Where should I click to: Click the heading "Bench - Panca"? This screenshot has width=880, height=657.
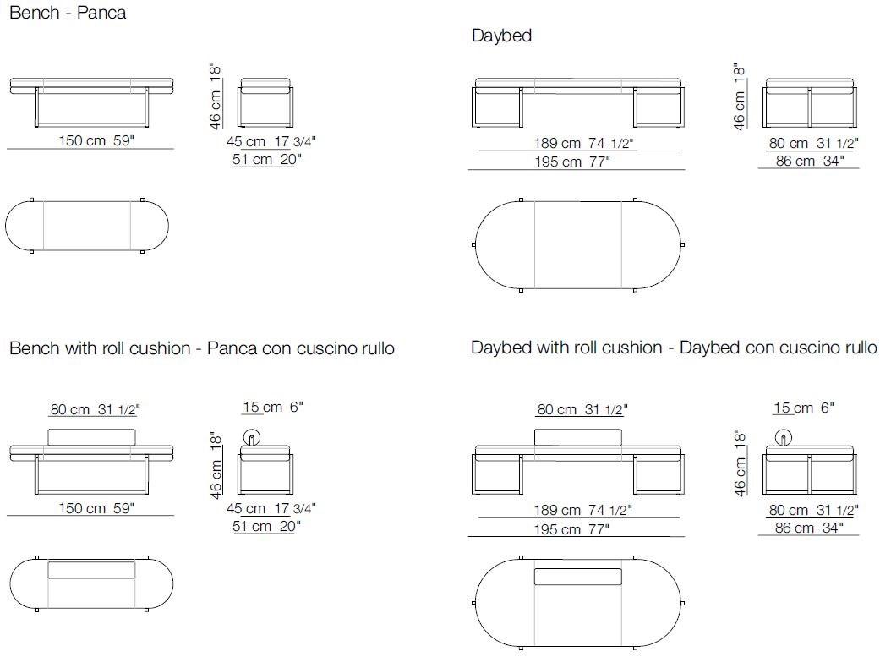[68, 13]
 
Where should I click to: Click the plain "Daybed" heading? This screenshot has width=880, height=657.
[501, 36]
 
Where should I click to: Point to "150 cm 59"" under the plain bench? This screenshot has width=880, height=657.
[96, 140]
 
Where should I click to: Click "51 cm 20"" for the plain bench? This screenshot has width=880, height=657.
[266, 159]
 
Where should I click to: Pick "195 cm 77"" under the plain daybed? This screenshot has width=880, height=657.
[572, 162]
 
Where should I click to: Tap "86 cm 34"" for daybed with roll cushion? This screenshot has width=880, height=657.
[809, 528]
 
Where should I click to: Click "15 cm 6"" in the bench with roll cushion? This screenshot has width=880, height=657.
[273, 407]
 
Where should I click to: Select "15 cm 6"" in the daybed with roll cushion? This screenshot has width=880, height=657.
[804, 408]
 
